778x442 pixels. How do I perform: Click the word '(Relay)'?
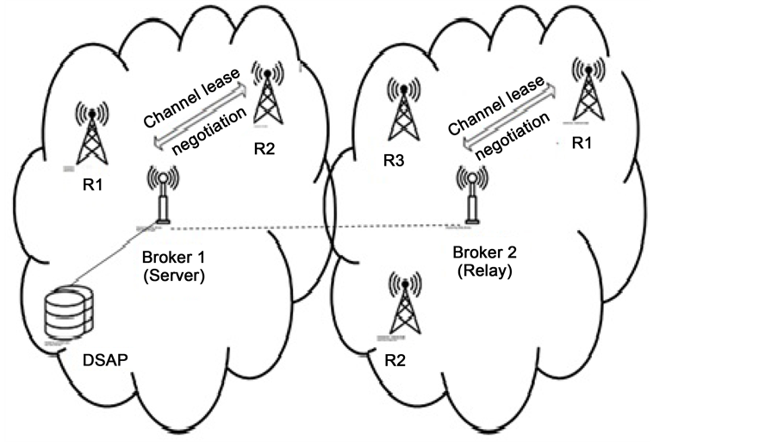[482, 273]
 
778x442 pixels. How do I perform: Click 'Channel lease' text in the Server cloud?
[190, 103]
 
